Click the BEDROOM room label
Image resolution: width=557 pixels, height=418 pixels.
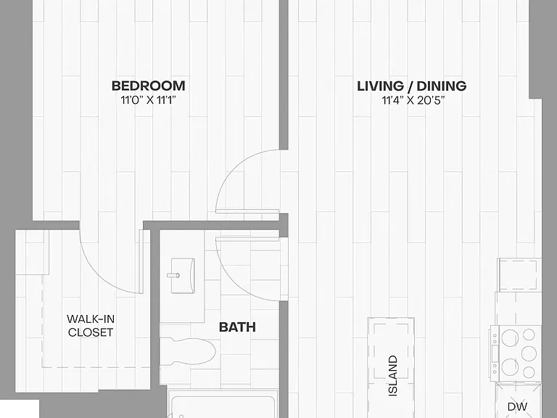149,86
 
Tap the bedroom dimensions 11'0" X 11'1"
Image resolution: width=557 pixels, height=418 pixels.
149,100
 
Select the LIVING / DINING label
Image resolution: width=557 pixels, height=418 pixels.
412,86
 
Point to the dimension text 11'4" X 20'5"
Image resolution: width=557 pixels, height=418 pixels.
413,101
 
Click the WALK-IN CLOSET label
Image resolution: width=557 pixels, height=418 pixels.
91,326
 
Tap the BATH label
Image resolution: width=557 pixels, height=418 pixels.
237,327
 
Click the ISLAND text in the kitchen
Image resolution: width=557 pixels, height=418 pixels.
393,376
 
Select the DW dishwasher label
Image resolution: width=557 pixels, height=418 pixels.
517,406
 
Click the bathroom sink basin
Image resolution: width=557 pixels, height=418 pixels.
183,276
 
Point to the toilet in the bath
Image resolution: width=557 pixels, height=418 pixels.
189,351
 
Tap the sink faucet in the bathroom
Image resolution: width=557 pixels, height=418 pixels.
173,275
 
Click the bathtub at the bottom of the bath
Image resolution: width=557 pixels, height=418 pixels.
222,404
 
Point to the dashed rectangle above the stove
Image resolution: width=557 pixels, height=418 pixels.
518,274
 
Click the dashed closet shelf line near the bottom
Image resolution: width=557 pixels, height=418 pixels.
96,367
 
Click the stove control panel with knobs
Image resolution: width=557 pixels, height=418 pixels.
495,354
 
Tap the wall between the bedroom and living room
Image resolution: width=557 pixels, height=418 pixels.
284,75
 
